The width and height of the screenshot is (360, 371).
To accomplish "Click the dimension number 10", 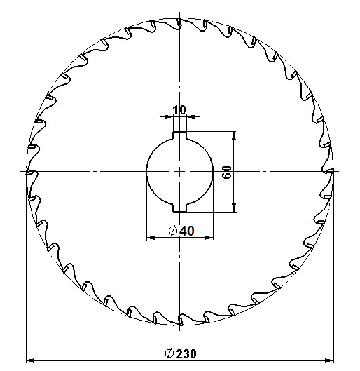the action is click(179, 110).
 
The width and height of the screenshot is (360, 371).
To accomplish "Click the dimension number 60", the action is click(227, 172).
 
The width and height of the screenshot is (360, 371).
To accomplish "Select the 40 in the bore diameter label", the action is click(187, 231).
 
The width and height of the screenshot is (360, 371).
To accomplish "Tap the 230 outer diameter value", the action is click(186, 353).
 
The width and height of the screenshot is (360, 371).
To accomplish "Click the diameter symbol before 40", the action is click(173, 231).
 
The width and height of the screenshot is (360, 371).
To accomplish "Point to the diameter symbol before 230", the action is click(169, 353).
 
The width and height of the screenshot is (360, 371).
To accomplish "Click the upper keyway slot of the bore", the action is click(180, 135).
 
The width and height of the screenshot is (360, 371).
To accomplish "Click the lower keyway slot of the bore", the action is click(180, 208).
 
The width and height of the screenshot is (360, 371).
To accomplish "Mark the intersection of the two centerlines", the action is click(180, 171).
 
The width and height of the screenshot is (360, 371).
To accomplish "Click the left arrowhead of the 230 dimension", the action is click(30, 360).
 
